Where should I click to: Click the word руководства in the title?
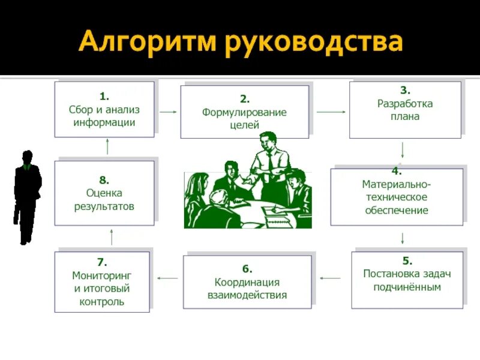tap(313, 43)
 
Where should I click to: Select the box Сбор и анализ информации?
tap(104, 109)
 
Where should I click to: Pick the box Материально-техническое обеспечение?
tap(397, 196)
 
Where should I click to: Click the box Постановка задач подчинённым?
tap(407, 280)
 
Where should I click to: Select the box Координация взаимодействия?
tap(247, 281)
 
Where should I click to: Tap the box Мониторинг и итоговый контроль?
tap(102, 282)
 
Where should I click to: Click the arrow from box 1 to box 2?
tap(167, 112)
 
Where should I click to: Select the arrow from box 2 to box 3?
tap(329, 112)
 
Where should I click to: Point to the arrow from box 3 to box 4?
tap(403, 150)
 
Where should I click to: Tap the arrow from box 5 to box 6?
tap(330, 278)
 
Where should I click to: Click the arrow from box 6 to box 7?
tap(167, 278)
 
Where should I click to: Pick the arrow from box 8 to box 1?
tap(108, 146)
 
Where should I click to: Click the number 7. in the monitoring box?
tap(102, 262)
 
